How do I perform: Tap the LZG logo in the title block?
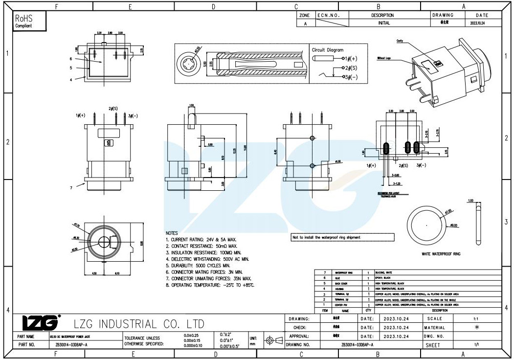click(40, 323)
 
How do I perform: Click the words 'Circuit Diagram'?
click(328, 50)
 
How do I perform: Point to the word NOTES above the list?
click(172, 233)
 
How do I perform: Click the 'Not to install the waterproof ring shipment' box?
click(342, 237)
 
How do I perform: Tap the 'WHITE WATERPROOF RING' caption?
click(441, 254)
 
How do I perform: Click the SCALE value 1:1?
click(476, 318)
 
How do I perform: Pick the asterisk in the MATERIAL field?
click(476, 327)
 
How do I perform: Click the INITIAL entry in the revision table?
click(384, 23)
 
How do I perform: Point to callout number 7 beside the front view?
click(71, 187)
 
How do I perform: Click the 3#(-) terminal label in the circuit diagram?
click(350, 77)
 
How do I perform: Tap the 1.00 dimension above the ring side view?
click(471, 201)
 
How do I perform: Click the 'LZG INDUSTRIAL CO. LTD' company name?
click(138, 324)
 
